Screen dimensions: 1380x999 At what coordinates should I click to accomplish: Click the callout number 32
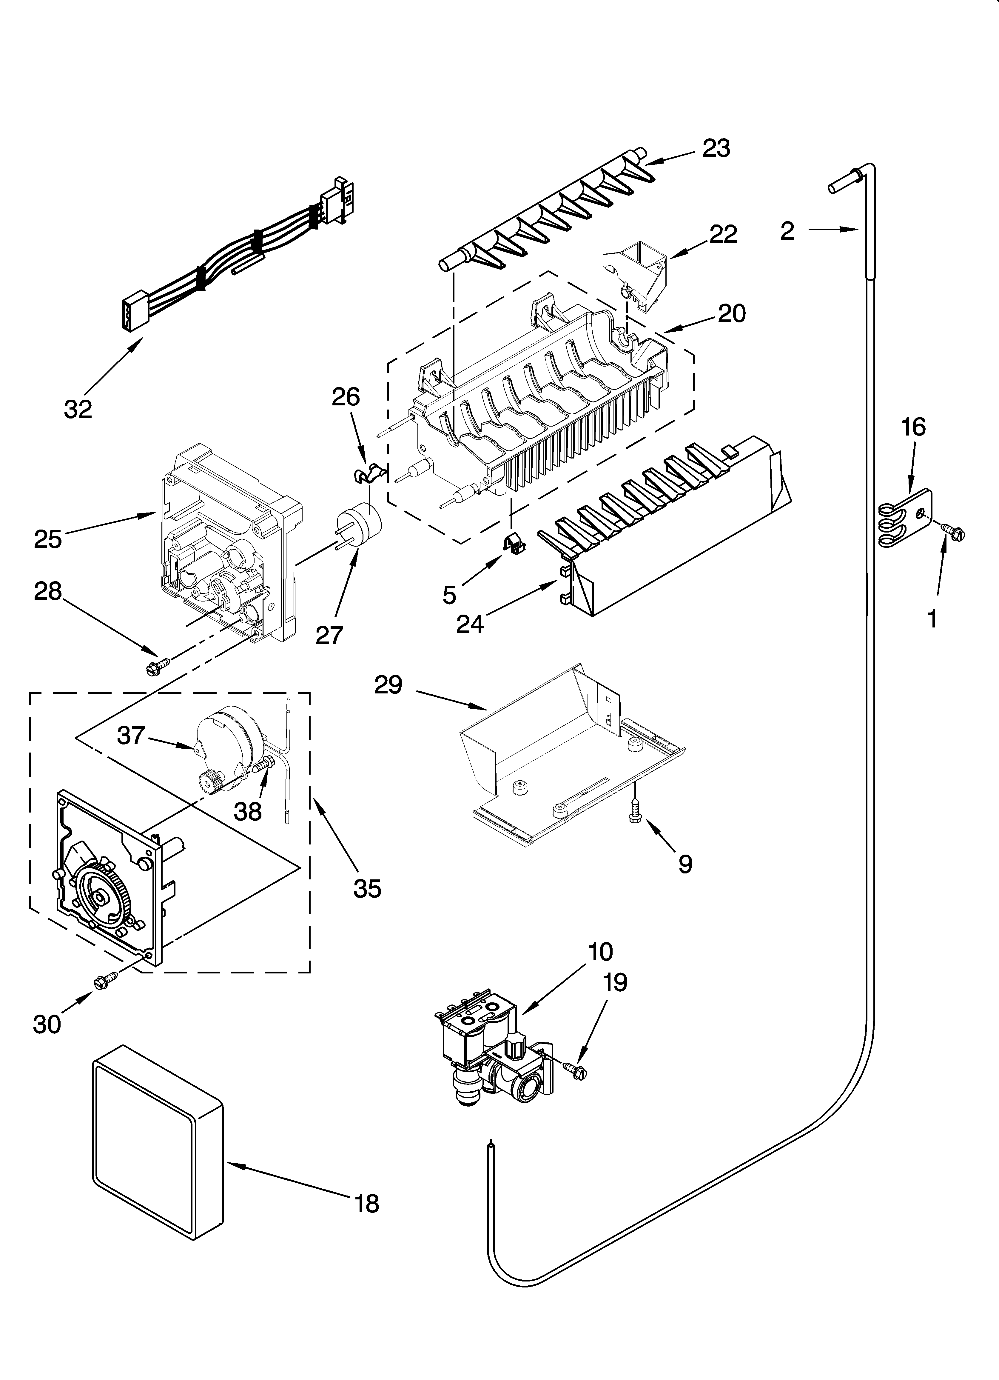coord(78,409)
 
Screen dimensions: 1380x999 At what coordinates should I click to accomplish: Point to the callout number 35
coord(368,888)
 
